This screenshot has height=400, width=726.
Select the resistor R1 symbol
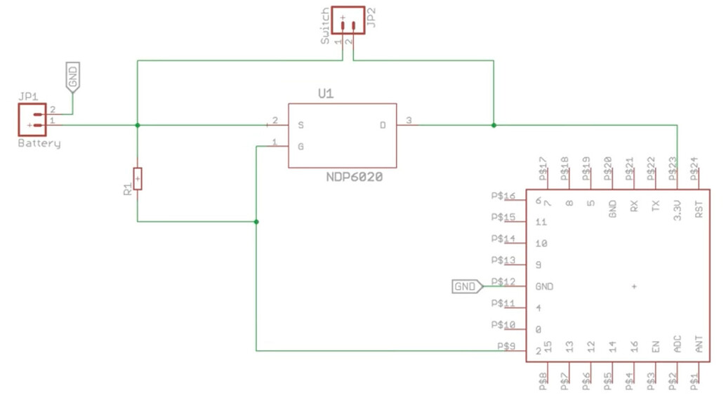coord(138,179)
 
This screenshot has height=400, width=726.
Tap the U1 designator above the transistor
coord(326,93)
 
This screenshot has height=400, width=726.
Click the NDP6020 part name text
coord(354,178)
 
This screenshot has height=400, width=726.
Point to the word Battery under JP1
coord(39,144)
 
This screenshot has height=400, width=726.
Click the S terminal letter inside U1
coord(301,125)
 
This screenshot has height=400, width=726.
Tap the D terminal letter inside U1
coord(383,125)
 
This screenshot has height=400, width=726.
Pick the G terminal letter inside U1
coord(301,147)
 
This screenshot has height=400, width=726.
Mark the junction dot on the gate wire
coord(256,222)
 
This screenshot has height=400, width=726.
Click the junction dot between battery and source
coord(138,125)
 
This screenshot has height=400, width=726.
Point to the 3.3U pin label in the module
coord(677,210)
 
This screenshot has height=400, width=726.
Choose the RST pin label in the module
coord(699,210)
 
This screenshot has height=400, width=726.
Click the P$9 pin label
coord(506,346)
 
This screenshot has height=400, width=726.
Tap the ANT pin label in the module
coord(699,345)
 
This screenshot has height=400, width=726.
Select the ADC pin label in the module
coord(677,345)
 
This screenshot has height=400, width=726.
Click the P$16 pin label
coord(504,196)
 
